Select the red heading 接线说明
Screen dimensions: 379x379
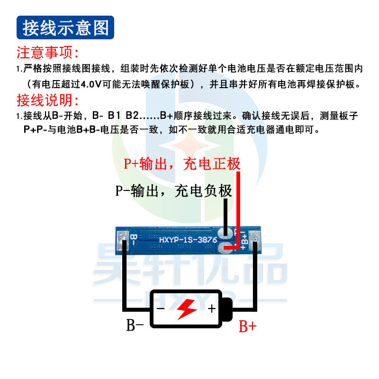point(48,100)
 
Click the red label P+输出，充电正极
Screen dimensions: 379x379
point(182,164)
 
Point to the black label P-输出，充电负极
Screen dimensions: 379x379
point(174,191)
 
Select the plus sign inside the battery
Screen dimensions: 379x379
point(211,309)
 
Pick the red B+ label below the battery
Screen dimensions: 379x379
point(247,326)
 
